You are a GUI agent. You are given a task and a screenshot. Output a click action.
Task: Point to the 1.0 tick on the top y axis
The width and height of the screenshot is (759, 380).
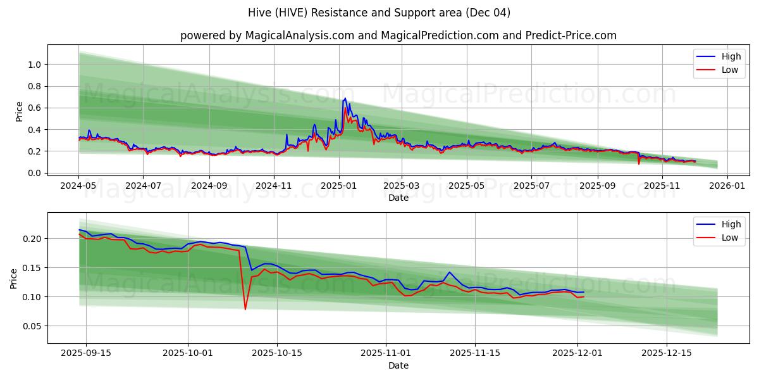click(x=34, y=65)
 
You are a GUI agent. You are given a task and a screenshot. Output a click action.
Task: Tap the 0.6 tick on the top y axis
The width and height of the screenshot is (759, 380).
click(x=34, y=108)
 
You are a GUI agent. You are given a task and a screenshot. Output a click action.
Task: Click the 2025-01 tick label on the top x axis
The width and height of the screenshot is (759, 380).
click(x=339, y=186)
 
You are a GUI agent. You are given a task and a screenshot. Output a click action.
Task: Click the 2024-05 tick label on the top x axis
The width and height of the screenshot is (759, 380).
click(x=79, y=186)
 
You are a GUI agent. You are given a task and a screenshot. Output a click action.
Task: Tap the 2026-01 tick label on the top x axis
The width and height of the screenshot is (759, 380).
click(x=727, y=186)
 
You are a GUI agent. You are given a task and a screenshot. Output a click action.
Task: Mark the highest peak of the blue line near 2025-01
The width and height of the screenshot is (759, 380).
click(x=345, y=98)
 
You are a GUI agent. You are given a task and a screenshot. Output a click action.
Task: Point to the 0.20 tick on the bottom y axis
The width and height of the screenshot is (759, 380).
click(x=32, y=239)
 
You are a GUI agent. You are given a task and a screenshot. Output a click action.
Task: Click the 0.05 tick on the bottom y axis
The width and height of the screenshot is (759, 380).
click(x=32, y=326)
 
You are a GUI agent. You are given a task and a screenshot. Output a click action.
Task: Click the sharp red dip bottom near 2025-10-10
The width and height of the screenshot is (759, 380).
click(x=245, y=309)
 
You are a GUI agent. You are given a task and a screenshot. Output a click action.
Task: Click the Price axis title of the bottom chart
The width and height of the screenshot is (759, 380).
click(x=14, y=278)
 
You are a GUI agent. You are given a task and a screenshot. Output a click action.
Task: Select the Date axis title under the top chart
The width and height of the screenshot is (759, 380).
click(x=398, y=198)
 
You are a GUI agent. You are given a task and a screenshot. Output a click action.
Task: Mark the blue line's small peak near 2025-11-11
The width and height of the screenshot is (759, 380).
click(x=449, y=272)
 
